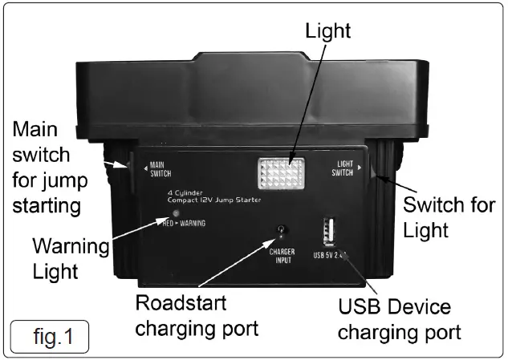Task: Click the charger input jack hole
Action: click(281, 232)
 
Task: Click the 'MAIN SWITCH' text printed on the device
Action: click(160, 169)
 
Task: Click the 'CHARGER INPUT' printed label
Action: click(281, 255)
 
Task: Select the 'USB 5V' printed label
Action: click(331, 257)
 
